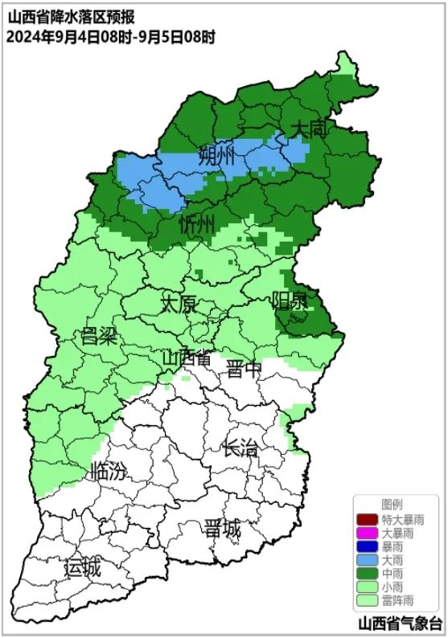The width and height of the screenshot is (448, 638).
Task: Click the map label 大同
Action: click(x=310, y=129)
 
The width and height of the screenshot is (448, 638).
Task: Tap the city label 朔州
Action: click(x=217, y=155)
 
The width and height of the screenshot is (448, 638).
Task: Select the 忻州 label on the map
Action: click(x=196, y=224)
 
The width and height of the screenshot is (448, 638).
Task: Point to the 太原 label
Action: click(x=178, y=304)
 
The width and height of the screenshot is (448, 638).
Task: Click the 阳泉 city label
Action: click(x=290, y=301)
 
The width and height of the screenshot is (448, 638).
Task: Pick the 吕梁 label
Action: click(x=100, y=336)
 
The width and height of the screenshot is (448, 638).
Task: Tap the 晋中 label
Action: click(x=245, y=369)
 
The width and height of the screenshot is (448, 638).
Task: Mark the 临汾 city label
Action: click(x=109, y=470)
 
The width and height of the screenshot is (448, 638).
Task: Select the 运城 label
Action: click(x=83, y=567)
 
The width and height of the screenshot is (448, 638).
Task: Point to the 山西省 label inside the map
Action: click(x=187, y=357)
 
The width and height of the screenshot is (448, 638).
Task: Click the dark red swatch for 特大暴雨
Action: click(x=367, y=519)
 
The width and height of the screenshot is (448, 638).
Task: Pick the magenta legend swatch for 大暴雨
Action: click(x=367, y=533)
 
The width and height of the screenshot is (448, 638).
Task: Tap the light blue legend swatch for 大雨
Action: click(x=367, y=559)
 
